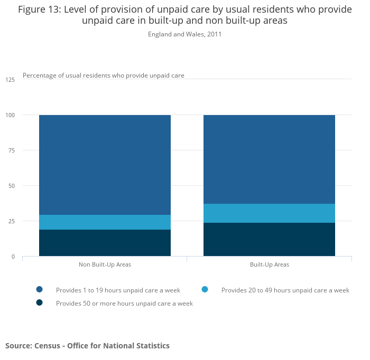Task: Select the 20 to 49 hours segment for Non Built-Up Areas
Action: tap(105, 222)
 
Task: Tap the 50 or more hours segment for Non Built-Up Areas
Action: tap(105, 243)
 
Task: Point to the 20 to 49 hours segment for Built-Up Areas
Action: tap(269, 213)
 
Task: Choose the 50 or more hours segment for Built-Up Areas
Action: tap(269, 240)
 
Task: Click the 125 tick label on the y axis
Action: tap(10, 80)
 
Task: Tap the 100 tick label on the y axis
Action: tap(10, 115)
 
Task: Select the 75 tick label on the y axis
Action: tap(12, 150)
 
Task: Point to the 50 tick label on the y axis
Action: tap(12, 186)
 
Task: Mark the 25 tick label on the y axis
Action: tap(12, 221)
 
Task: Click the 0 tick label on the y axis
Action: tap(13, 257)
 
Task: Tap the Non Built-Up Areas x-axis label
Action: tap(105, 264)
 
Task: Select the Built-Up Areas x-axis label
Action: tap(270, 264)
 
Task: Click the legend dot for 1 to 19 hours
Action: tap(39, 289)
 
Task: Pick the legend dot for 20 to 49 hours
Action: tap(205, 289)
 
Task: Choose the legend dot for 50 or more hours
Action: tap(39, 303)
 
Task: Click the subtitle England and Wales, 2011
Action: tap(184, 34)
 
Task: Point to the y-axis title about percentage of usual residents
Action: tap(104, 75)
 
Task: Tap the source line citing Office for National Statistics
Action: tap(87, 346)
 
